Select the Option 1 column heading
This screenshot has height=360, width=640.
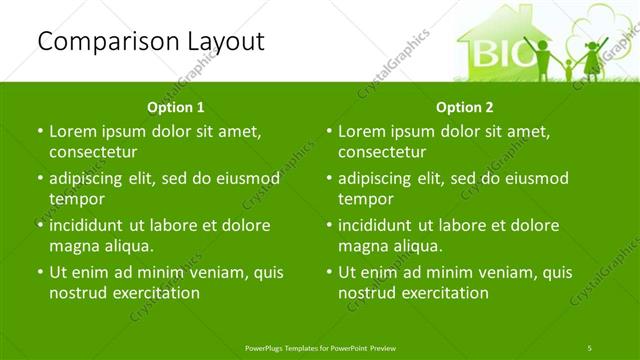coord(176,106)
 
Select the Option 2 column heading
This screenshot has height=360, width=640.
coord(465,106)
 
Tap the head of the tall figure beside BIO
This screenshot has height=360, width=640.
coord(546,44)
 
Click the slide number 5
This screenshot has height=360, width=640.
coord(590,346)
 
